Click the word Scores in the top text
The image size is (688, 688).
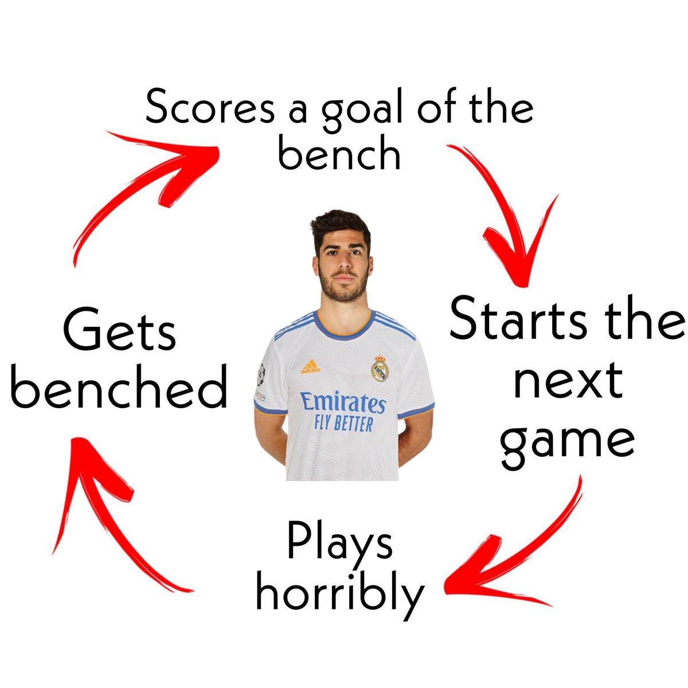[210, 107]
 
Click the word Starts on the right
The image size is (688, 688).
[518, 319]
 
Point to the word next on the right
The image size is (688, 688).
[568, 381]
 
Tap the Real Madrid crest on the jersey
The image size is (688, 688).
[380, 368]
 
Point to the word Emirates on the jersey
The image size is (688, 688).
[343, 402]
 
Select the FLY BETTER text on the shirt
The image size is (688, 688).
[343, 424]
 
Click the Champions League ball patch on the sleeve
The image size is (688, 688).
[261, 374]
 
